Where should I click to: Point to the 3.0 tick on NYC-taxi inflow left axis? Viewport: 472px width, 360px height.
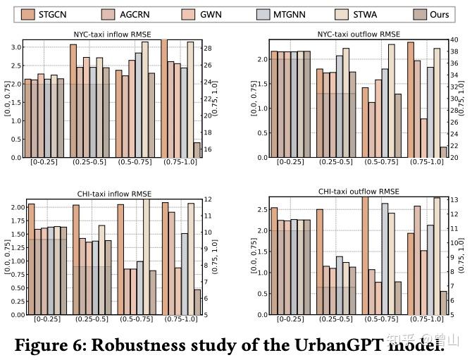[15, 47]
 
